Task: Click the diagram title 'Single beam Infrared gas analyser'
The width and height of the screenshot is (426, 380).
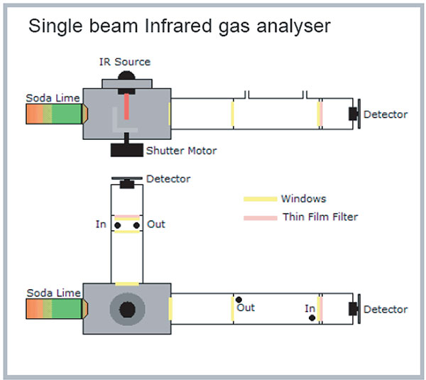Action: point(179,28)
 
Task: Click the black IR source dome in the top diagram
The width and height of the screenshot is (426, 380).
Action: point(127,75)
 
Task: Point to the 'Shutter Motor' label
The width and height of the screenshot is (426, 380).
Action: point(181,151)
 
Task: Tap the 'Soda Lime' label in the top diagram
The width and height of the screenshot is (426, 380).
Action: point(53,97)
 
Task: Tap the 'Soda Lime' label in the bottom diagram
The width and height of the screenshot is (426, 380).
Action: point(53,293)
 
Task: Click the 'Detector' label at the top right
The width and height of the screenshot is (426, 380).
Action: point(386,114)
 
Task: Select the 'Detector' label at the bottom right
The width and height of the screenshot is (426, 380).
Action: point(386,310)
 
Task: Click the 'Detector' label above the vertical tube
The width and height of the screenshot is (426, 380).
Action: point(168,179)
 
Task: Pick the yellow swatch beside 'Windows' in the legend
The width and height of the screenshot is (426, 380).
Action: point(259,199)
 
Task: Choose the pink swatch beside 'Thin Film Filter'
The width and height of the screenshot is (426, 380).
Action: point(259,217)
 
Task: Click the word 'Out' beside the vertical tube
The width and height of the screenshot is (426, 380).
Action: point(156,224)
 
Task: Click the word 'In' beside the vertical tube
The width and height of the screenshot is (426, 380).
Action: point(101,224)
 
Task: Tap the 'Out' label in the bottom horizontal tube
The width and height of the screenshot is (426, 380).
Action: point(246,308)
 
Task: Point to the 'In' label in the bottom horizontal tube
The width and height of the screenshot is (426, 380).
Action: point(310,308)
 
